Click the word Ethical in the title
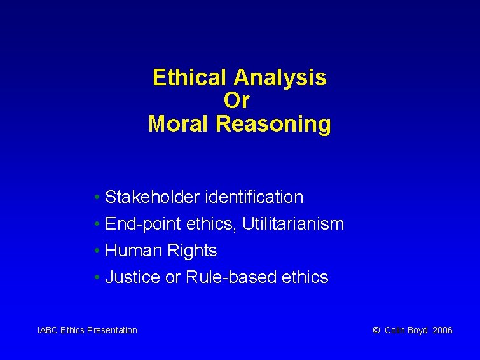191,78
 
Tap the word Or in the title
237,100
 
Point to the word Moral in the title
179,123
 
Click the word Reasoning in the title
273,123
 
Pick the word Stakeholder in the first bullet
153,197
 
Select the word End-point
139,224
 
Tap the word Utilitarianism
293,224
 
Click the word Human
134,251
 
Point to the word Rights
192,251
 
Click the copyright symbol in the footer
376,330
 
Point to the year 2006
442,330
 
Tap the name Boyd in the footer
418,330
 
